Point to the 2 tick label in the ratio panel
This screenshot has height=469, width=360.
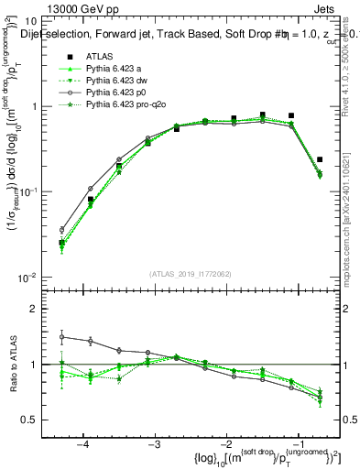(x=33, y=309)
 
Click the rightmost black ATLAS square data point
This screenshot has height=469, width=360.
(x=320, y=159)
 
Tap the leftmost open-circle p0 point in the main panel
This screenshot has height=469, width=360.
(x=62, y=230)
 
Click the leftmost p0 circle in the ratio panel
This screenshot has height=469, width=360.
(x=62, y=336)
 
